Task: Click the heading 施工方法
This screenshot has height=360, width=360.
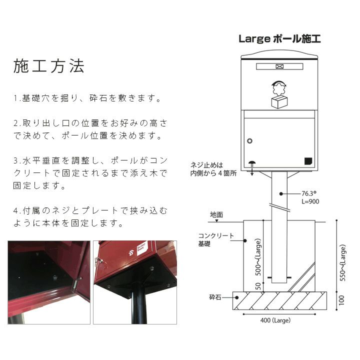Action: [x=48, y=66]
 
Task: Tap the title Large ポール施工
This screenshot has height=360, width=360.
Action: [x=279, y=38]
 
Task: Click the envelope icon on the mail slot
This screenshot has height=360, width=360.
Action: [x=279, y=66]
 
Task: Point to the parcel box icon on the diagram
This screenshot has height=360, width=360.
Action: [x=279, y=102]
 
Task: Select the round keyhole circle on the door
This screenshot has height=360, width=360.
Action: [x=250, y=141]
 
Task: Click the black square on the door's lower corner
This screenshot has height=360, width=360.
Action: [x=308, y=161]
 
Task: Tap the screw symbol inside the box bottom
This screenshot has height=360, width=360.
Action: [x=252, y=163]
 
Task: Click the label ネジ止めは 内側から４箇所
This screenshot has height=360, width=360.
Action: [x=213, y=169]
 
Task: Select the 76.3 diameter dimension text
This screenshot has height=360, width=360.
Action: [x=309, y=193]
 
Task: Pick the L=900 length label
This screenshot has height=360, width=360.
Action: [x=310, y=201]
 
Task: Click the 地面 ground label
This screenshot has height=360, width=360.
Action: [x=216, y=214]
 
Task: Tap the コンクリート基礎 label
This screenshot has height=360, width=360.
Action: [x=216, y=239]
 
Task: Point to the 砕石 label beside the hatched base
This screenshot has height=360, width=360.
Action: [x=215, y=297]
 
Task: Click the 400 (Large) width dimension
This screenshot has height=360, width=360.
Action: [x=275, y=320]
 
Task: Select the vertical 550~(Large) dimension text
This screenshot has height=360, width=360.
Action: [x=342, y=262]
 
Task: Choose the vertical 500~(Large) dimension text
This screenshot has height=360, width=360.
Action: [x=258, y=257]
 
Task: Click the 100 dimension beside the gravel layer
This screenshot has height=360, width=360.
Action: [x=342, y=300]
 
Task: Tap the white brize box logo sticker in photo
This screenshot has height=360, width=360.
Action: [x=141, y=248]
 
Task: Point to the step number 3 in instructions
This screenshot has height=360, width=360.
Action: [x=15, y=160]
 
